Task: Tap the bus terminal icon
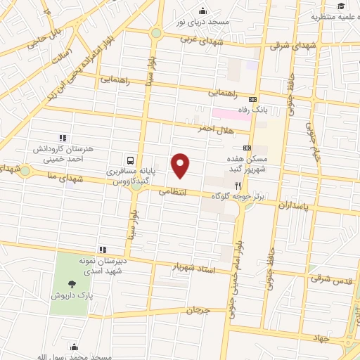coord(131,159)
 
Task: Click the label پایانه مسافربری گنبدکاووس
coord(131,176)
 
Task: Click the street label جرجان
coord(199,309)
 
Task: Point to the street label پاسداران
coord(290,207)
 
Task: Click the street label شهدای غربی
coord(201,39)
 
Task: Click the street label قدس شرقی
coord(330,280)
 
